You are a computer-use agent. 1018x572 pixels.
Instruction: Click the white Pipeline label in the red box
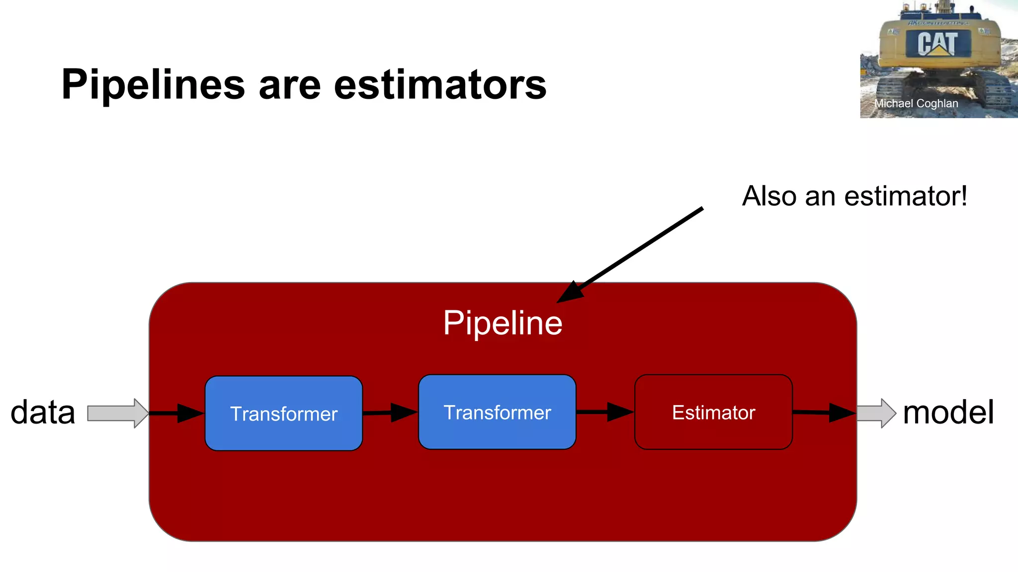click(503, 323)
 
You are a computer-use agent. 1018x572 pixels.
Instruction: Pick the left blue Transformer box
click(283, 413)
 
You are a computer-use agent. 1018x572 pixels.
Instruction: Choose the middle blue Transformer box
click(497, 412)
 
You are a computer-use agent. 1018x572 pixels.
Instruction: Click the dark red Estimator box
click(713, 412)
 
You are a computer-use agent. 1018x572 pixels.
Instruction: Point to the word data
click(43, 413)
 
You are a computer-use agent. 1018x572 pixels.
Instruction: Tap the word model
click(948, 413)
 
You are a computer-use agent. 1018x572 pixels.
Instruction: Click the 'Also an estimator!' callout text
click(854, 196)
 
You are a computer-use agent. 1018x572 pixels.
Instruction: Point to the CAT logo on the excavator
click(937, 44)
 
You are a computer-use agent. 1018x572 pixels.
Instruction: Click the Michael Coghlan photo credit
click(916, 104)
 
